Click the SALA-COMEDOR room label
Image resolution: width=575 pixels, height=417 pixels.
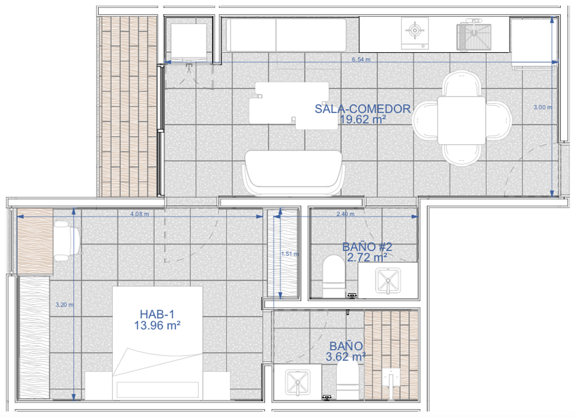363,109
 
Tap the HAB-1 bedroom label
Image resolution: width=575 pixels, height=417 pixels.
157,314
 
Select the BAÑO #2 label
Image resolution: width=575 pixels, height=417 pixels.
367,247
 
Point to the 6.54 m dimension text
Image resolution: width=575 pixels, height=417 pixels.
361,59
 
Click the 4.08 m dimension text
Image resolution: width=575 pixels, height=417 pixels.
140,214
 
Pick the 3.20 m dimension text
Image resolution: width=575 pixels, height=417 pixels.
64,305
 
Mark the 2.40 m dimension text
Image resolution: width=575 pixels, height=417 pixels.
345,214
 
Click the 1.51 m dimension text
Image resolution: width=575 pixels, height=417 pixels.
290,254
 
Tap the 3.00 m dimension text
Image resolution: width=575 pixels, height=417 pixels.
542,107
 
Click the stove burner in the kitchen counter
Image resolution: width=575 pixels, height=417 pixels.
415,31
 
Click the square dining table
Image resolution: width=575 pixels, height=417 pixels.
461,120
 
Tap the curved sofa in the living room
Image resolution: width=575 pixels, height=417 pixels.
293,172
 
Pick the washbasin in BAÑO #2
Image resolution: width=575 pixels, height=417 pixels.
388,281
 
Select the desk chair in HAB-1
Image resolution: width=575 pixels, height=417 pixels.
67,241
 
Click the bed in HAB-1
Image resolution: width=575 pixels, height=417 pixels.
158,343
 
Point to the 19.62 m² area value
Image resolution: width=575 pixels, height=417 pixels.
363,120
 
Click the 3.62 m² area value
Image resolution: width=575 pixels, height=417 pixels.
346,356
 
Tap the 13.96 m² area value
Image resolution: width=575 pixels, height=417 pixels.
157,326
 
